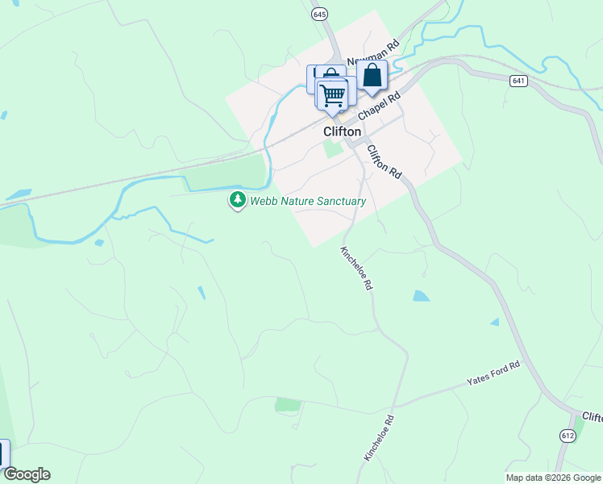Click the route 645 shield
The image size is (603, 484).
[319, 15]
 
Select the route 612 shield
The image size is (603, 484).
[567, 436]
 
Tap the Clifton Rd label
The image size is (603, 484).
[384, 161]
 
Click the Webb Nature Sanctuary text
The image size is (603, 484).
[308, 202]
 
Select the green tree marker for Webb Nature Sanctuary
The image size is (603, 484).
[237, 199]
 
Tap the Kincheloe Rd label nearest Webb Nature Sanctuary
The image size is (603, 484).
[356, 267]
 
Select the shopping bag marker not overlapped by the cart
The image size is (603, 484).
[372, 76]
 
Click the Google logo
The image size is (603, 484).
[27, 474]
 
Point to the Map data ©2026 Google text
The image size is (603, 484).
[553, 478]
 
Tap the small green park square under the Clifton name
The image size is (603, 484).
[333, 149]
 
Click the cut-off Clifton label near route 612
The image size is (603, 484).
[592, 417]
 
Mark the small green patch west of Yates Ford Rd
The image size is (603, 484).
[287, 404]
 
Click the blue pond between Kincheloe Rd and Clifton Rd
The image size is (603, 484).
[421, 296]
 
